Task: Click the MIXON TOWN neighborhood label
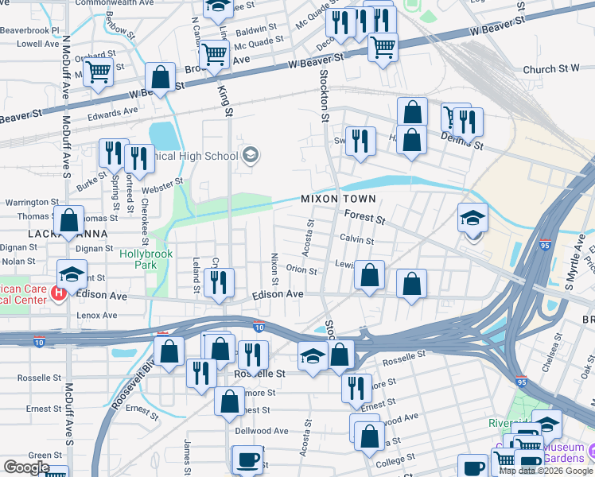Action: tap(338, 198)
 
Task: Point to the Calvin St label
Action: tap(357, 239)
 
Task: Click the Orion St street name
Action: tap(301, 270)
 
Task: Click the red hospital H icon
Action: tap(59, 294)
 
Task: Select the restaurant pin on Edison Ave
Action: tap(218, 282)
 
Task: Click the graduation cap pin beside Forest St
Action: tap(472, 218)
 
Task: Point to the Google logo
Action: tap(25, 467)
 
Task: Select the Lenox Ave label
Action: tap(97, 316)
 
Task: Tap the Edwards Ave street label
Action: tap(107, 115)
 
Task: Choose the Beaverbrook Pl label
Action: tap(29, 30)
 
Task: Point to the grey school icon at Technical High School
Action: tap(251, 154)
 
